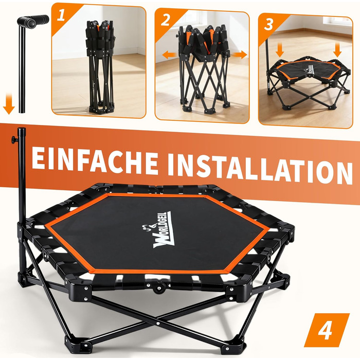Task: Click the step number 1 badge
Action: click(61, 15)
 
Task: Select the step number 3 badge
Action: click(268, 24)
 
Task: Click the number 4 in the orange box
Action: click(326, 331)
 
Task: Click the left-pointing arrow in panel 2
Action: click(169, 55)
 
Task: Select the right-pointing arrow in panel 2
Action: click(240, 55)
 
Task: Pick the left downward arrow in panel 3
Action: click(279, 50)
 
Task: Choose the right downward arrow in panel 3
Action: click(337, 50)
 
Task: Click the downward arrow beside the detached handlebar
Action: click(9, 103)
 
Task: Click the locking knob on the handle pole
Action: click(15, 139)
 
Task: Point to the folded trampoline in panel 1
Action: click(100, 66)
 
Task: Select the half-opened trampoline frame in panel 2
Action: click(204, 68)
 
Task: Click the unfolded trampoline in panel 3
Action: click(309, 83)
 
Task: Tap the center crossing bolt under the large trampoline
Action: click(158, 323)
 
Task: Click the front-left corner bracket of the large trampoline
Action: click(78, 290)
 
